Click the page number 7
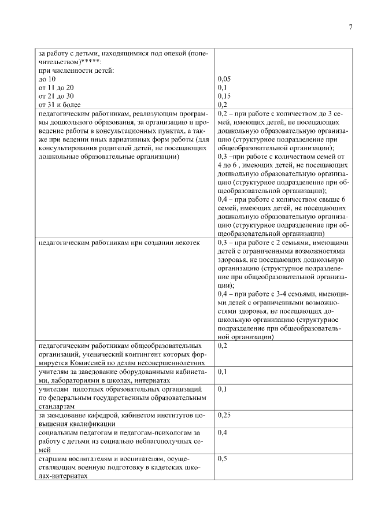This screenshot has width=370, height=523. coord(350,28)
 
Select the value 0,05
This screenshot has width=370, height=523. coord(224,78)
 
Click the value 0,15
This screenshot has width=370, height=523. coord(224,96)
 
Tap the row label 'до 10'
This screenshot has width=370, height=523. coord(47,78)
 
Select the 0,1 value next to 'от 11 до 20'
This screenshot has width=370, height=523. coord(223,87)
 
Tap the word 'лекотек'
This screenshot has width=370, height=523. coord(187,243)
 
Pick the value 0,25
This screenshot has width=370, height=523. coord(224,416)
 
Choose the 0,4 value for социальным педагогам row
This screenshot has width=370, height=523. coord(223,432)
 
